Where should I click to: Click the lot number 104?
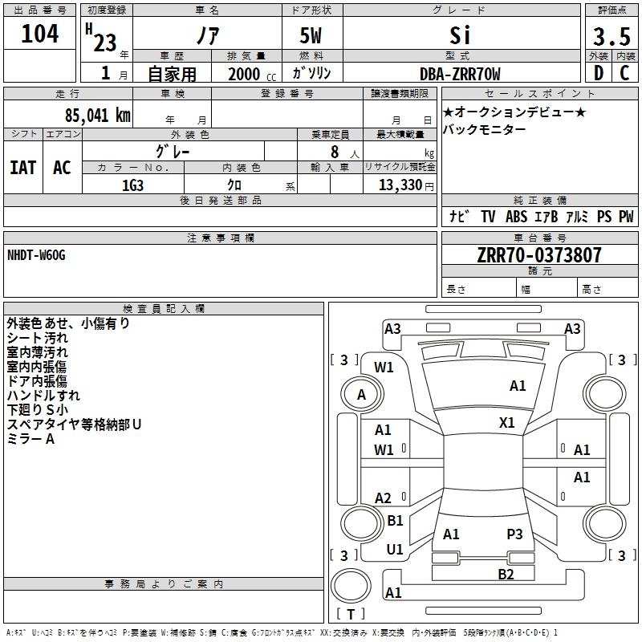pyautogui.click(x=39, y=34)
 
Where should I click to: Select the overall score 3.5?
pyautogui.click(x=612, y=37)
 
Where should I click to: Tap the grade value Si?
pyautogui.click(x=460, y=36)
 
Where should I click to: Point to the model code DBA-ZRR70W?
pyautogui.click(x=460, y=74)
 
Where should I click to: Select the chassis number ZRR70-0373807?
pyautogui.click(x=538, y=255)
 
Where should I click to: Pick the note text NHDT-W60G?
pyautogui.click(x=36, y=255)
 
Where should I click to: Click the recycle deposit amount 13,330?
pyautogui.click(x=400, y=185)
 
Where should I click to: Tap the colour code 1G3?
pyautogui.click(x=132, y=185)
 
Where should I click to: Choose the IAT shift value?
pyautogui.click(x=22, y=168)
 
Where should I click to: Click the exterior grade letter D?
pyautogui.click(x=598, y=74)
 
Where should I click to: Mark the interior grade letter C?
pyautogui.click(x=624, y=74)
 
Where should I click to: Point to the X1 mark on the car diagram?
pyautogui.click(x=507, y=422)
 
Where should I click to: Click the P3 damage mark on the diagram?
pyautogui.click(x=514, y=534)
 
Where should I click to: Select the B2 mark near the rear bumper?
pyautogui.click(x=506, y=574)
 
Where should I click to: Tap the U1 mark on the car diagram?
pyautogui.click(x=394, y=550)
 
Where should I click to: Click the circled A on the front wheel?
pyautogui.click(x=361, y=394)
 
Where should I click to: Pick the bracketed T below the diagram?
pyautogui.click(x=351, y=614)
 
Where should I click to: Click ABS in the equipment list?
pyautogui.click(x=516, y=217)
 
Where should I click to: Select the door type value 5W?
pyautogui.click(x=312, y=36)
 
